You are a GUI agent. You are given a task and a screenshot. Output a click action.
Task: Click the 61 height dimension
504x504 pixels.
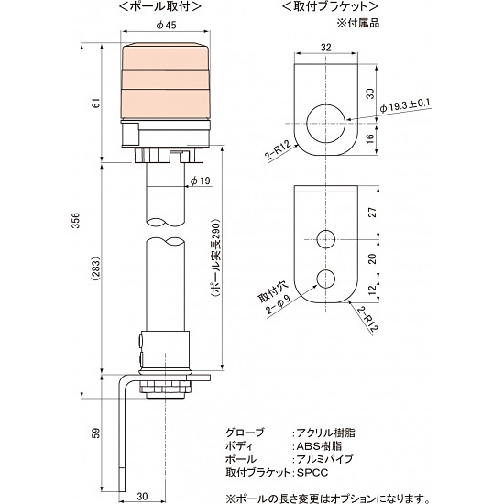point(95,103)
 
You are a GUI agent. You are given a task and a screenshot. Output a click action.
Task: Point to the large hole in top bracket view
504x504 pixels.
point(327,120)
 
